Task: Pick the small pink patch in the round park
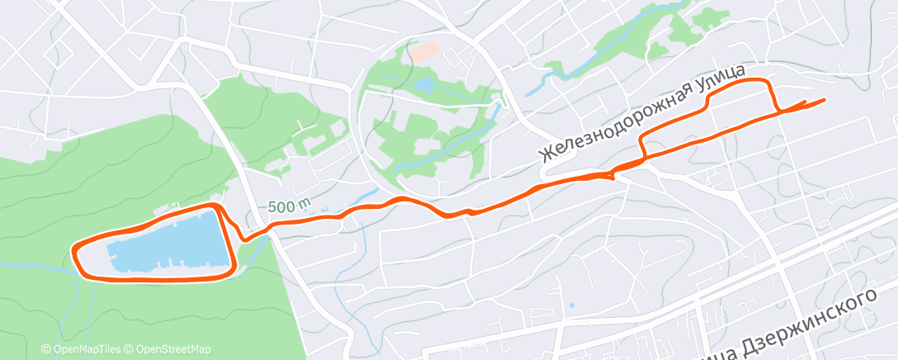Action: click(x=424, y=51)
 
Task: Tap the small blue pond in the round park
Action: click(x=423, y=84)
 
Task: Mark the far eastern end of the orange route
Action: click(x=824, y=100)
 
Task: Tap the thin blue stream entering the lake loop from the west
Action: click(x=33, y=265)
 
